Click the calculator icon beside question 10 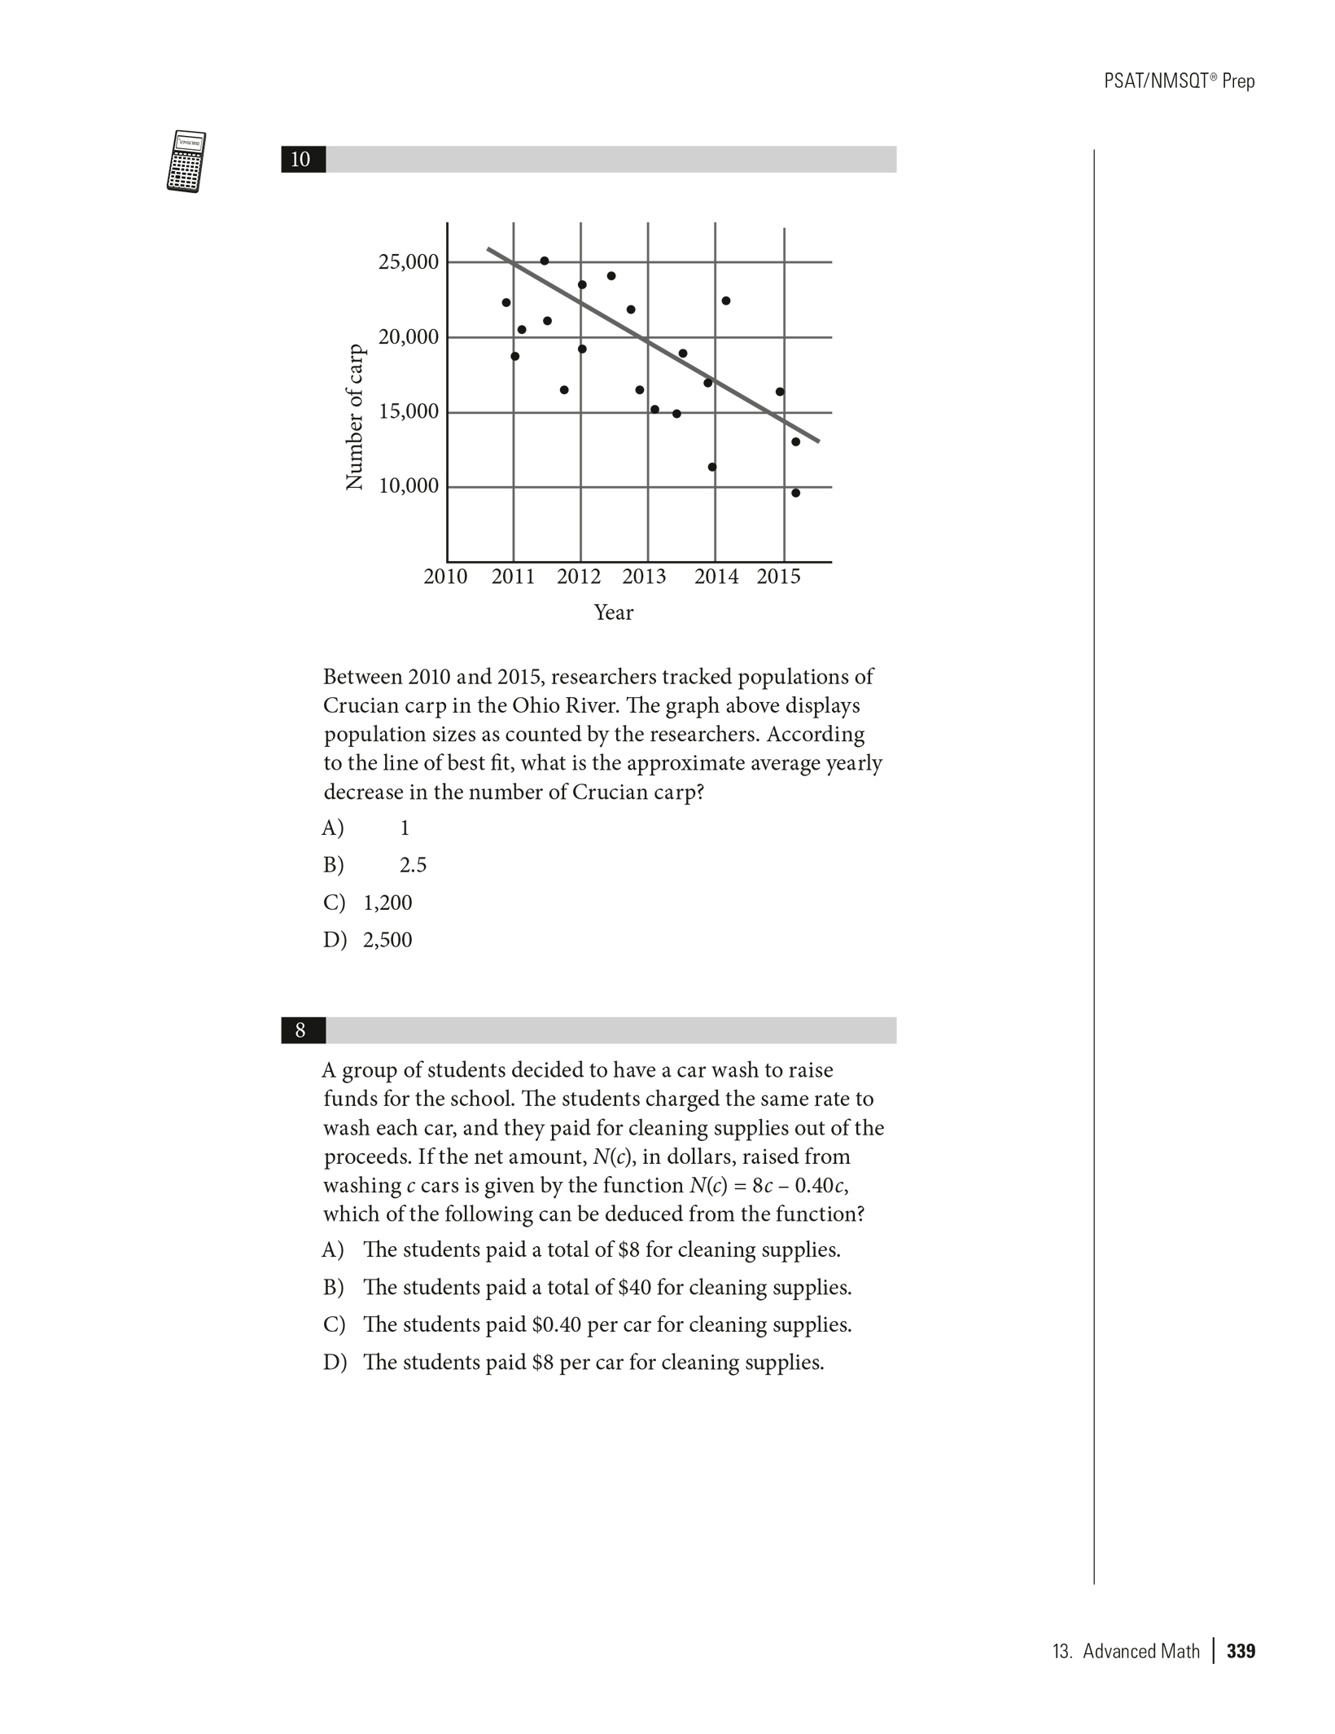point(186,161)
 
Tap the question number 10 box point(302,160)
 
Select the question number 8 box point(302,1030)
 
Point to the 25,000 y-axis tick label point(408,262)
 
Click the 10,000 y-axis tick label point(408,486)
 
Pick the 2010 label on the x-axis point(445,577)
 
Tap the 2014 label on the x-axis point(716,577)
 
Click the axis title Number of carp point(354,417)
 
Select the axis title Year point(613,612)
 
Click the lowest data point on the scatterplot point(795,493)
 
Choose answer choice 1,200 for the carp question point(387,902)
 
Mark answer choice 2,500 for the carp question point(387,940)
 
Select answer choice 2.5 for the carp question point(413,865)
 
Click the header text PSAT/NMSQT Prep point(1179,81)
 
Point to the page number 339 point(1241,1651)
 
